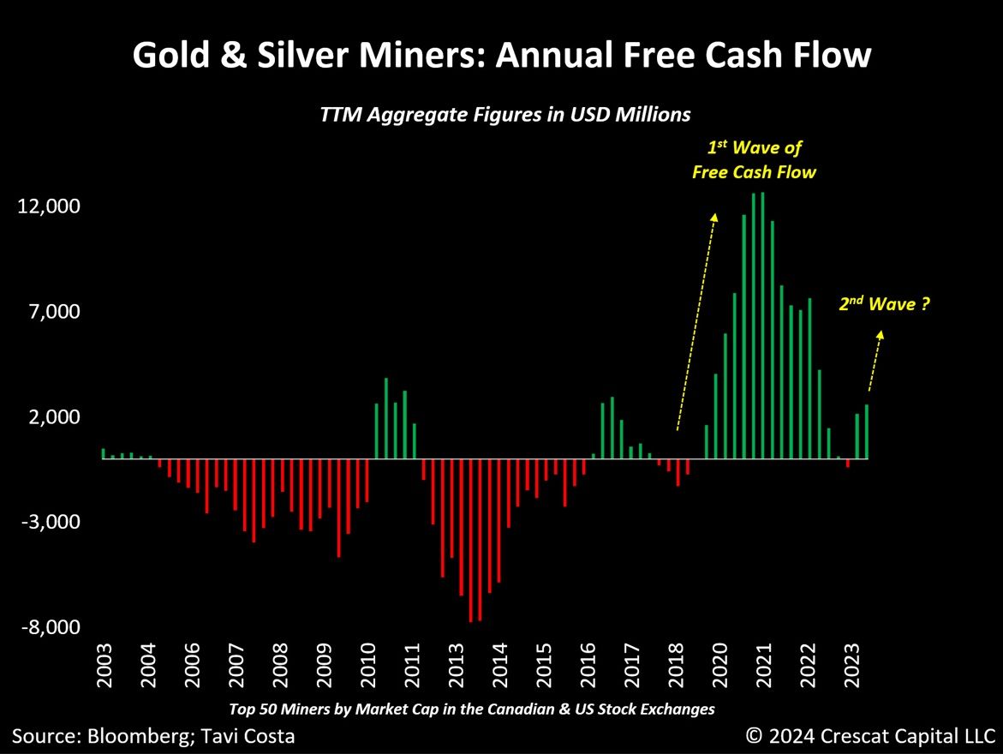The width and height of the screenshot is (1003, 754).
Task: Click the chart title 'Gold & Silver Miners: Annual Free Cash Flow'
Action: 501,57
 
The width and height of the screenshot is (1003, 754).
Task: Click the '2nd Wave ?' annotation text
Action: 884,303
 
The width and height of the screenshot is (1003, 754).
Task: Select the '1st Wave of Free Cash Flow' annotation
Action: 754,160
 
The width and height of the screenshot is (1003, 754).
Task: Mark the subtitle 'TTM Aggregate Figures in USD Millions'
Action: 504,113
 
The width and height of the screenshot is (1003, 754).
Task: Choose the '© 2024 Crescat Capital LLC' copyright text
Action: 869,734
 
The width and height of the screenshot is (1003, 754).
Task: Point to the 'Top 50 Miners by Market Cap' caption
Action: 471,709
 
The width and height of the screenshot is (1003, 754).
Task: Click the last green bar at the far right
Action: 867,432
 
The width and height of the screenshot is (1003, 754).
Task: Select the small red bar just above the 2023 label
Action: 848,463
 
